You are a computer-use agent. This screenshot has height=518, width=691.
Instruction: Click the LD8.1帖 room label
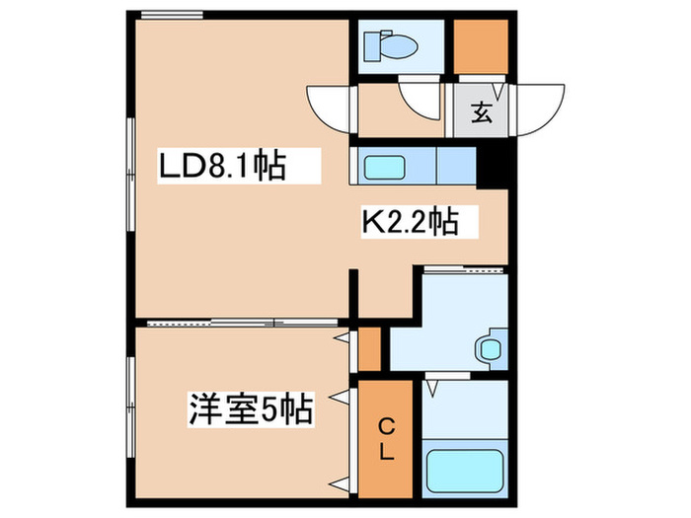point(223,167)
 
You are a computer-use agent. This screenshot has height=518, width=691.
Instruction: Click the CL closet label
point(387,439)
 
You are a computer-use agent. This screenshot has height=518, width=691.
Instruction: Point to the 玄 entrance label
point(481,112)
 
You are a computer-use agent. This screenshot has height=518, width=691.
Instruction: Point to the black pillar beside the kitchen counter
point(492,166)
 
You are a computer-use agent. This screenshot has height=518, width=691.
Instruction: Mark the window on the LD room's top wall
point(172,16)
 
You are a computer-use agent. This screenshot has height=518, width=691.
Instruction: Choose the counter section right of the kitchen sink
point(456,166)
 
